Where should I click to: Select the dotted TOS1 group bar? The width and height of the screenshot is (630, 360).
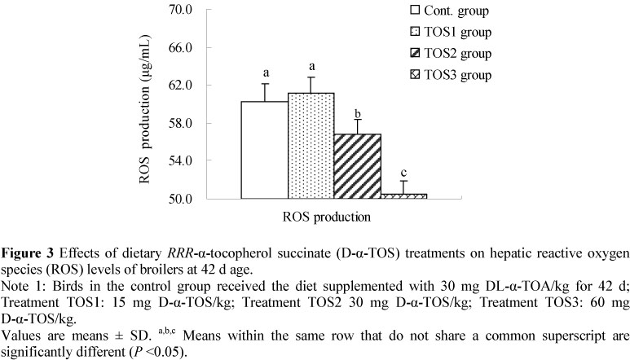pyautogui.click(x=311, y=146)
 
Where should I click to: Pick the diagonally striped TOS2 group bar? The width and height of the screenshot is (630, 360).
pyautogui.click(x=358, y=166)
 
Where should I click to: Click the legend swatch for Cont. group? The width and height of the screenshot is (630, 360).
pyautogui.click(x=415, y=11)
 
